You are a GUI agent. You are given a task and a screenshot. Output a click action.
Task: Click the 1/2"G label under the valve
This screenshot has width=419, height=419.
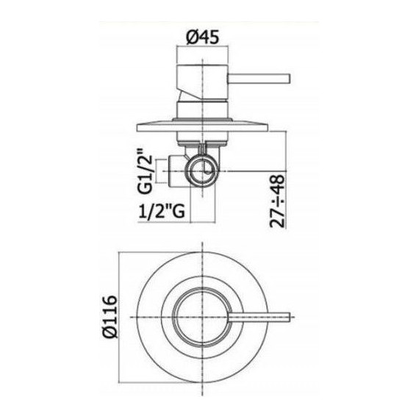click(161, 214)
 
